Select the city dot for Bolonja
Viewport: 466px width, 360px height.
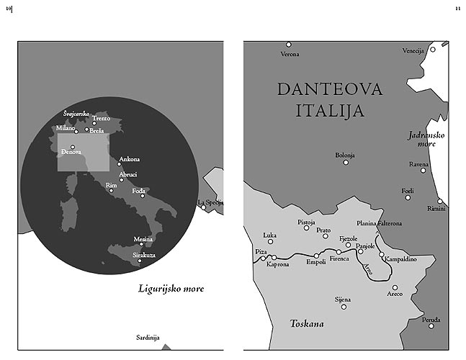pos(346,162)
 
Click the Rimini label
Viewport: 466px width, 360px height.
pos(436,209)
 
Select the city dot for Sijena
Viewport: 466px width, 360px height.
pos(344,307)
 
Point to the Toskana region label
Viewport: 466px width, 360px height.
pos(306,323)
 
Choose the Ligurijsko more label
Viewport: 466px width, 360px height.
pos(171,289)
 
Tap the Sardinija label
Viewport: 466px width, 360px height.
pos(148,337)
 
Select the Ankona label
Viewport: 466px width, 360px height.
pos(129,158)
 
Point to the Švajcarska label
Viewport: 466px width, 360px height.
pos(76,113)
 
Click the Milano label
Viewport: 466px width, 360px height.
pos(66,129)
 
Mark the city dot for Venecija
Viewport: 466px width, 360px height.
pos(433,49)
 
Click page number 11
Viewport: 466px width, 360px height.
pos(457,8)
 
